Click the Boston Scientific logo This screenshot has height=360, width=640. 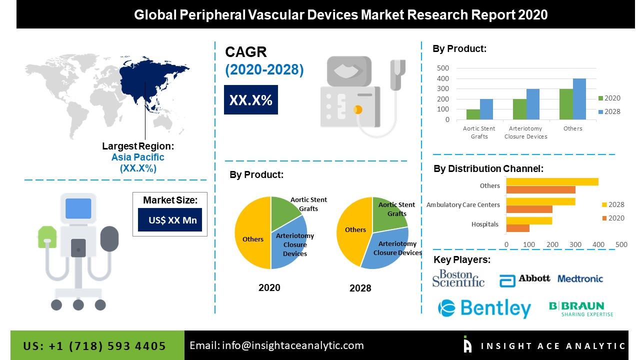pos(458,278)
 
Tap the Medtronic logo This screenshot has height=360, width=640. pos(580,279)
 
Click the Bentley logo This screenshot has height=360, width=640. pos(484,308)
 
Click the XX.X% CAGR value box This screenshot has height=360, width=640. pos(250,100)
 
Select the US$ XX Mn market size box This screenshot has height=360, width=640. pos(170,220)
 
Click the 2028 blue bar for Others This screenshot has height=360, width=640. pos(579,99)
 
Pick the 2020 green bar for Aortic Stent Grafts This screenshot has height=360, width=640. pos(473,114)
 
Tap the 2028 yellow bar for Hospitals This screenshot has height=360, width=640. pos(529,220)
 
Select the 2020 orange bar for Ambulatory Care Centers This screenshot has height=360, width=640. pos(529,208)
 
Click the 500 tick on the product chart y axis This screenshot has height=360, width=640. pos(443,68)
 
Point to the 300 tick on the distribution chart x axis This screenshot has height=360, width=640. pos(575,244)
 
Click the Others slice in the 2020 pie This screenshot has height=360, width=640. pos(252,235)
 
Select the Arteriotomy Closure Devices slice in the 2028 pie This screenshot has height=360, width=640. pos(387,247)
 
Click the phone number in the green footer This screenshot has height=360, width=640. pos(94,346)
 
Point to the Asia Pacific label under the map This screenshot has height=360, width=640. pos(137,157)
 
